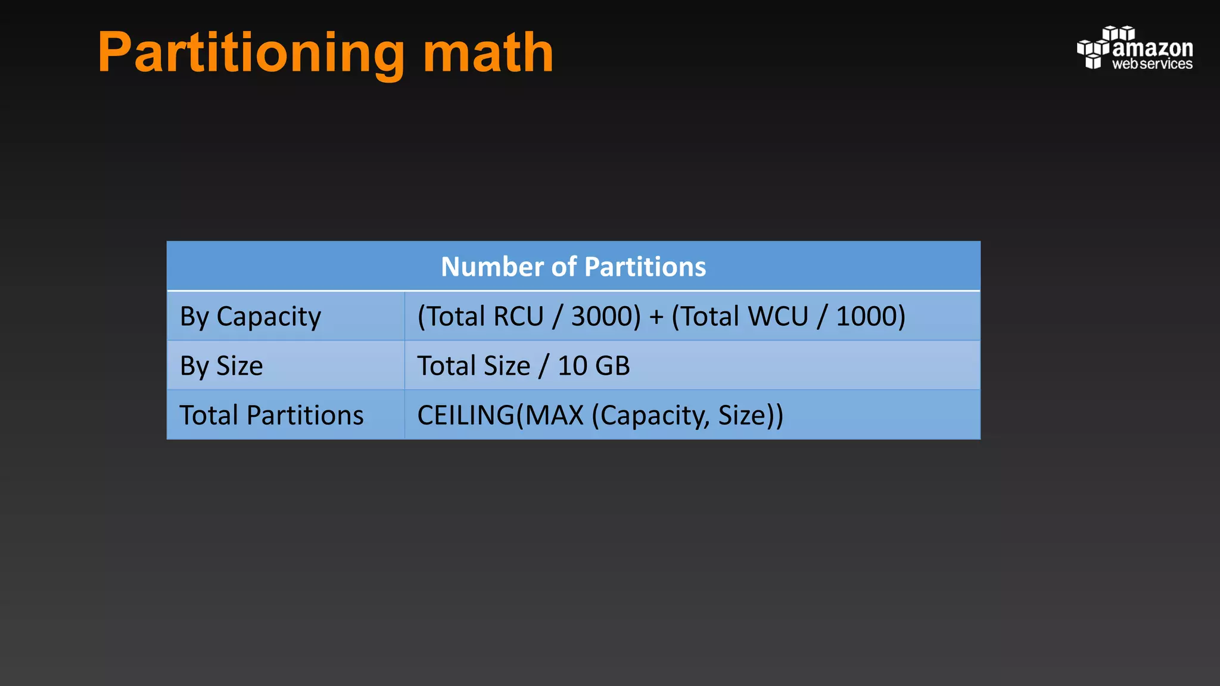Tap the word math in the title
[488, 54]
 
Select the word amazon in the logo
[1152, 48]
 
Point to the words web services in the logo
[1152, 64]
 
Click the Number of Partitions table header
[573, 266]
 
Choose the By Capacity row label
[250, 316]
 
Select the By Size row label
[221, 366]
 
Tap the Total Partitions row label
[271, 415]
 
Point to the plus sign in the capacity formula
[656, 316]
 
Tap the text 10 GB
[593, 366]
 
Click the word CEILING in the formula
[465, 415]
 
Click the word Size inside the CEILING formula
[741, 415]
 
